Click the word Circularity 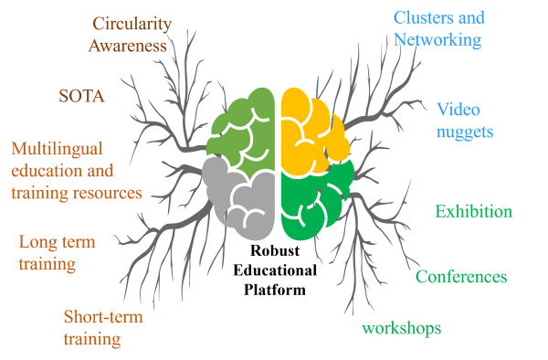point(132,25)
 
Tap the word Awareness point(128,46)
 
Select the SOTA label point(81,96)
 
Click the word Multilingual point(57,149)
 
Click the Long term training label point(57,253)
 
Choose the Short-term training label point(103,328)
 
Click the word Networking point(437,39)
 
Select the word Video point(458,110)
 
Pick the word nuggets point(465,132)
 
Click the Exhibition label point(473,211)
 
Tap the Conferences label point(461,277)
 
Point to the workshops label point(402,329)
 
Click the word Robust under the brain point(275,250)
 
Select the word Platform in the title point(275,290)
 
